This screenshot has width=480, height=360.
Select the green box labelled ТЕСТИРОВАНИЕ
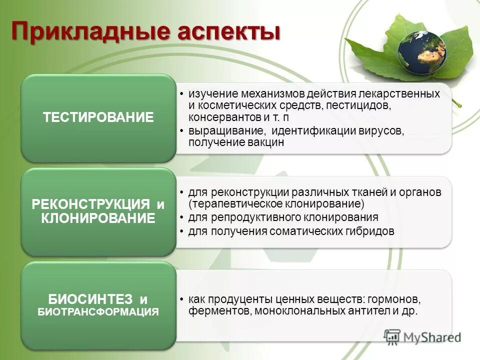98,118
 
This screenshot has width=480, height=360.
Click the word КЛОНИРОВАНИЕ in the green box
98,218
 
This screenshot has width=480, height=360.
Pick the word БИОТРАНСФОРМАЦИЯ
98,312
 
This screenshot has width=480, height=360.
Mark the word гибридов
370,231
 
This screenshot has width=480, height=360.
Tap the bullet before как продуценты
182,300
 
